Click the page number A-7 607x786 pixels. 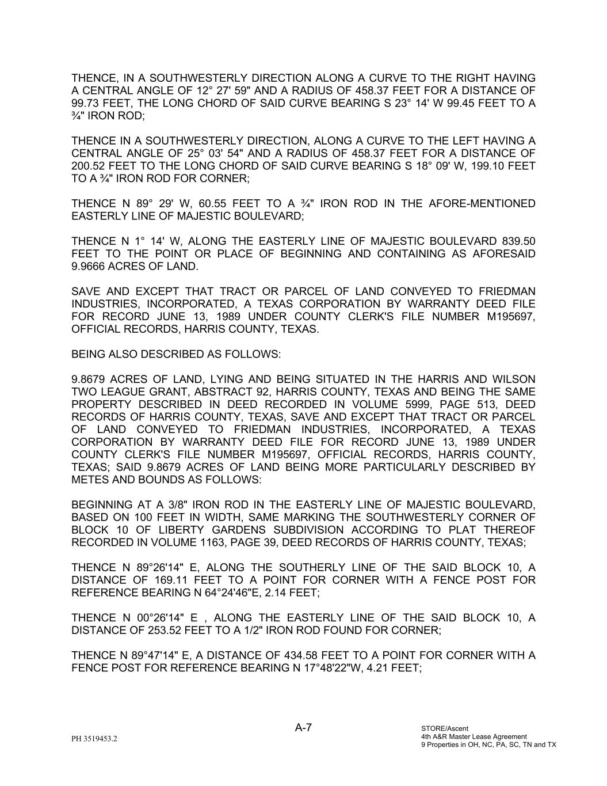(x=303, y=727)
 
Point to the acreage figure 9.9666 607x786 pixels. (x=89, y=267)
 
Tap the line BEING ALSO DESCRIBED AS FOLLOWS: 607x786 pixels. (x=176, y=354)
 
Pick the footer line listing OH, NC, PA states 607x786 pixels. (x=488, y=745)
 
